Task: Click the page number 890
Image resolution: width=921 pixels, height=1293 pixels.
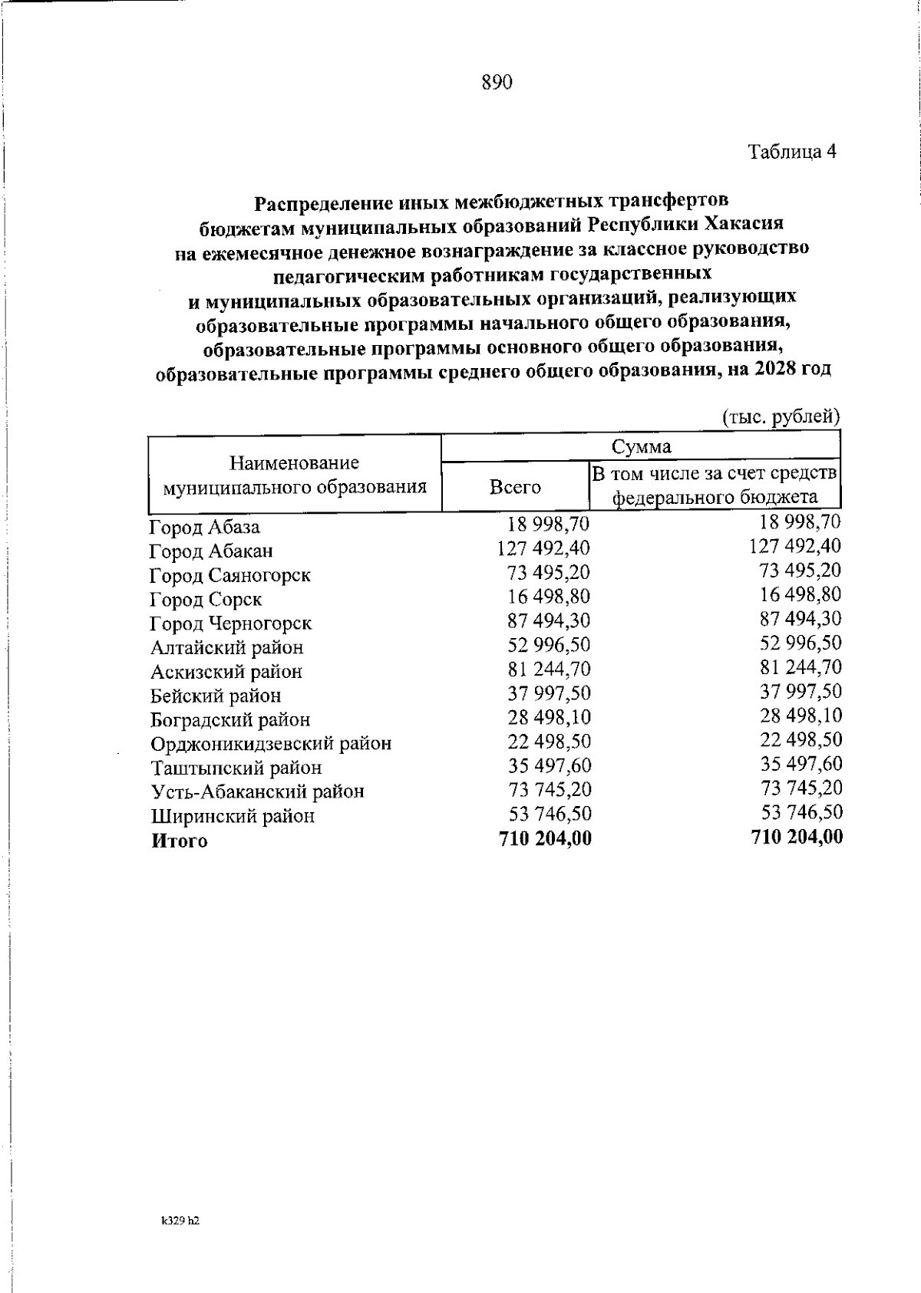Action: tap(497, 83)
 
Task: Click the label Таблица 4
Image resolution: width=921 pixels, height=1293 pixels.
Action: tap(791, 152)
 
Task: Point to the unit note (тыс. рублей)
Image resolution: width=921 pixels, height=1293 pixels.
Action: tap(781, 416)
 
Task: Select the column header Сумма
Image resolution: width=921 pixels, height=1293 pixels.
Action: tap(641, 446)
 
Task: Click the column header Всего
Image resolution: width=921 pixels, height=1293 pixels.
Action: tap(515, 487)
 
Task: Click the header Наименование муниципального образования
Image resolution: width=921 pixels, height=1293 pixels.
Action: tap(295, 475)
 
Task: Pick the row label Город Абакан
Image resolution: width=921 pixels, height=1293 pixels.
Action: tap(211, 551)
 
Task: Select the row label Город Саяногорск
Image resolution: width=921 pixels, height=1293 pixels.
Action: tap(230, 575)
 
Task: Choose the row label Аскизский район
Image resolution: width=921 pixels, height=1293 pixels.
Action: tap(226, 672)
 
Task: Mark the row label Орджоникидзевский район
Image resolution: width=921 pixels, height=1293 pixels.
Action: tap(271, 744)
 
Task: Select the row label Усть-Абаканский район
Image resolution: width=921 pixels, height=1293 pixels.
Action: tap(257, 791)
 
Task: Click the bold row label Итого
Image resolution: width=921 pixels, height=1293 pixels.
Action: tap(180, 841)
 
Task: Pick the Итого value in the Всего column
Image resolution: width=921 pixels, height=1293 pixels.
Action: tap(545, 838)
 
